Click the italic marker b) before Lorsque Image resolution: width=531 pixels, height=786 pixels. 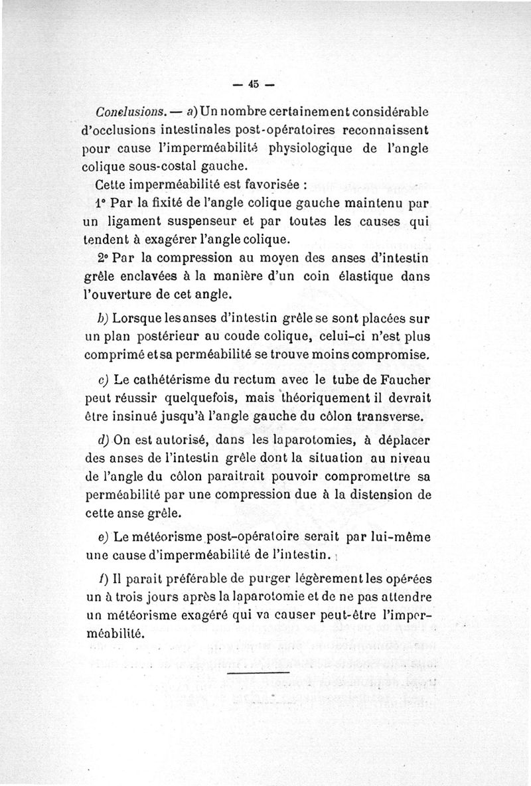click(103, 317)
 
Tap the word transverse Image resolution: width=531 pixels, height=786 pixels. click(394, 416)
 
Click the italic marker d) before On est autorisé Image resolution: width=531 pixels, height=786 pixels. click(103, 441)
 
